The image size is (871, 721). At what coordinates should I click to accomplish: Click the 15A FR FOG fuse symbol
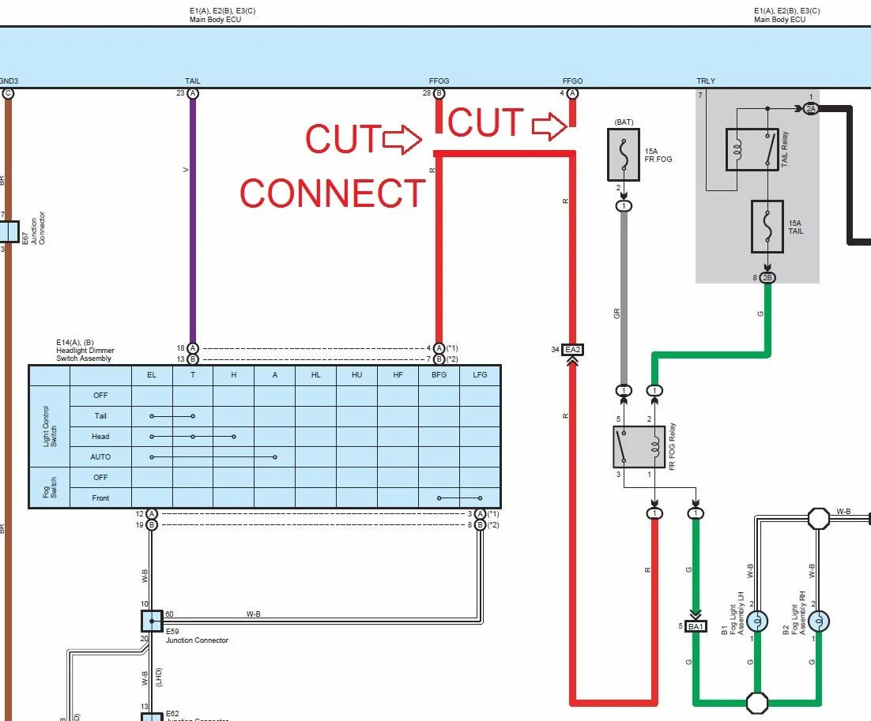tap(624, 155)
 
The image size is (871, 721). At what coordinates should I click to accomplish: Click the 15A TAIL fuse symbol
tap(766, 227)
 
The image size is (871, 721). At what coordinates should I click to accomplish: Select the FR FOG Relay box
tap(639, 446)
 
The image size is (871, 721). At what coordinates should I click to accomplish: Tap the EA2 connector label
tap(572, 349)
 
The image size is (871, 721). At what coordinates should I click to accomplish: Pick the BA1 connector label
tap(696, 626)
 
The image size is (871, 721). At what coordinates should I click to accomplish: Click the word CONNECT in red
tap(333, 193)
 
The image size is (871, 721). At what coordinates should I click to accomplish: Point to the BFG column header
tap(439, 375)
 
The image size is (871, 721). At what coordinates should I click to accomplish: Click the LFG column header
tap(480, 375)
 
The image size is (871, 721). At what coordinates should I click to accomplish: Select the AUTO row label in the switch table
tap(100, 456)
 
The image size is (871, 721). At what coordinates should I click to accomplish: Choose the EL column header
tap(152, 375)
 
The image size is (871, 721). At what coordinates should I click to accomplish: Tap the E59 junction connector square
tap(152, 621)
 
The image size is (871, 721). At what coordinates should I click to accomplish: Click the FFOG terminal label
tap(439, 81)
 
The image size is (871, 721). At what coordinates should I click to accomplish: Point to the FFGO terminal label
tap(572, 81)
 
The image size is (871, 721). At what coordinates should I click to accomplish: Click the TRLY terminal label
tap(706, 81)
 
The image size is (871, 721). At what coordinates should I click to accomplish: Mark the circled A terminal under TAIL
tap(193, 93)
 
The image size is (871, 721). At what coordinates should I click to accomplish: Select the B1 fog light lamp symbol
tap(758, 621)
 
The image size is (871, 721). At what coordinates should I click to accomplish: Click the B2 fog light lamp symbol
tap(819, 621)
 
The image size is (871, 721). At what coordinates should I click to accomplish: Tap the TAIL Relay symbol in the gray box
tap(752, 149)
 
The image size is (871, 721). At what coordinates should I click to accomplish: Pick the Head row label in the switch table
tap(100, 436)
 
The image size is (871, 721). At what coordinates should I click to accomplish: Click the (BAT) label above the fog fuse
tap(624, 122)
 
